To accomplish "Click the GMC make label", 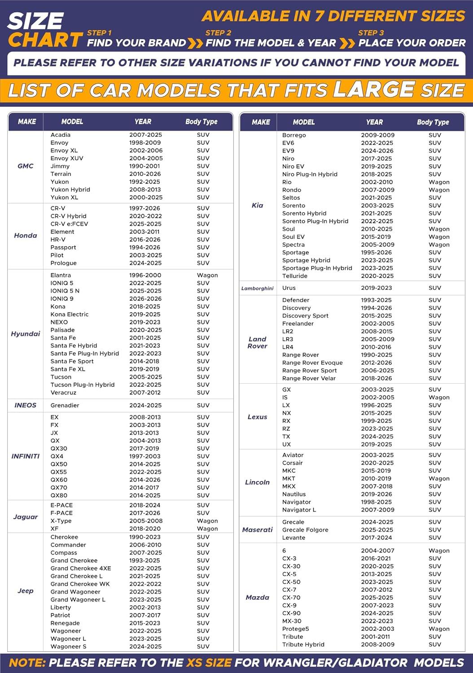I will coord(26,166).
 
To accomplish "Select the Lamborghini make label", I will coord(257,288).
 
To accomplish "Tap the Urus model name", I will coord(289,288).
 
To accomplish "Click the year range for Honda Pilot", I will coord(145,255).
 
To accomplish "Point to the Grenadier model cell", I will coord(65,405).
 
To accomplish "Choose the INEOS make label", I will coord(26,405).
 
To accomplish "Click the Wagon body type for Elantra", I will coord(207,275).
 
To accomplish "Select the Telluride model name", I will coord(295,276).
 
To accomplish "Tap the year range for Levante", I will coord(377,538).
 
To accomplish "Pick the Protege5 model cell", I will coord(296,629).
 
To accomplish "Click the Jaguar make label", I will coord(26,517).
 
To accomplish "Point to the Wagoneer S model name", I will coord(68,647).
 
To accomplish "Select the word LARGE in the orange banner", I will coord(374,89).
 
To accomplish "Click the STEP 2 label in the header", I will coord(218,33).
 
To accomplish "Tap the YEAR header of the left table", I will coord(143,122).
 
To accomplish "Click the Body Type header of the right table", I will coord(433,122).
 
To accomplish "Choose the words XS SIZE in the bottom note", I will coord(209,663).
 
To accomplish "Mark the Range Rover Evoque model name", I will coord(312,363).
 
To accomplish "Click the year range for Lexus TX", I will coord(377,437).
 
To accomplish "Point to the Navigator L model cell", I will coord(299,510).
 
